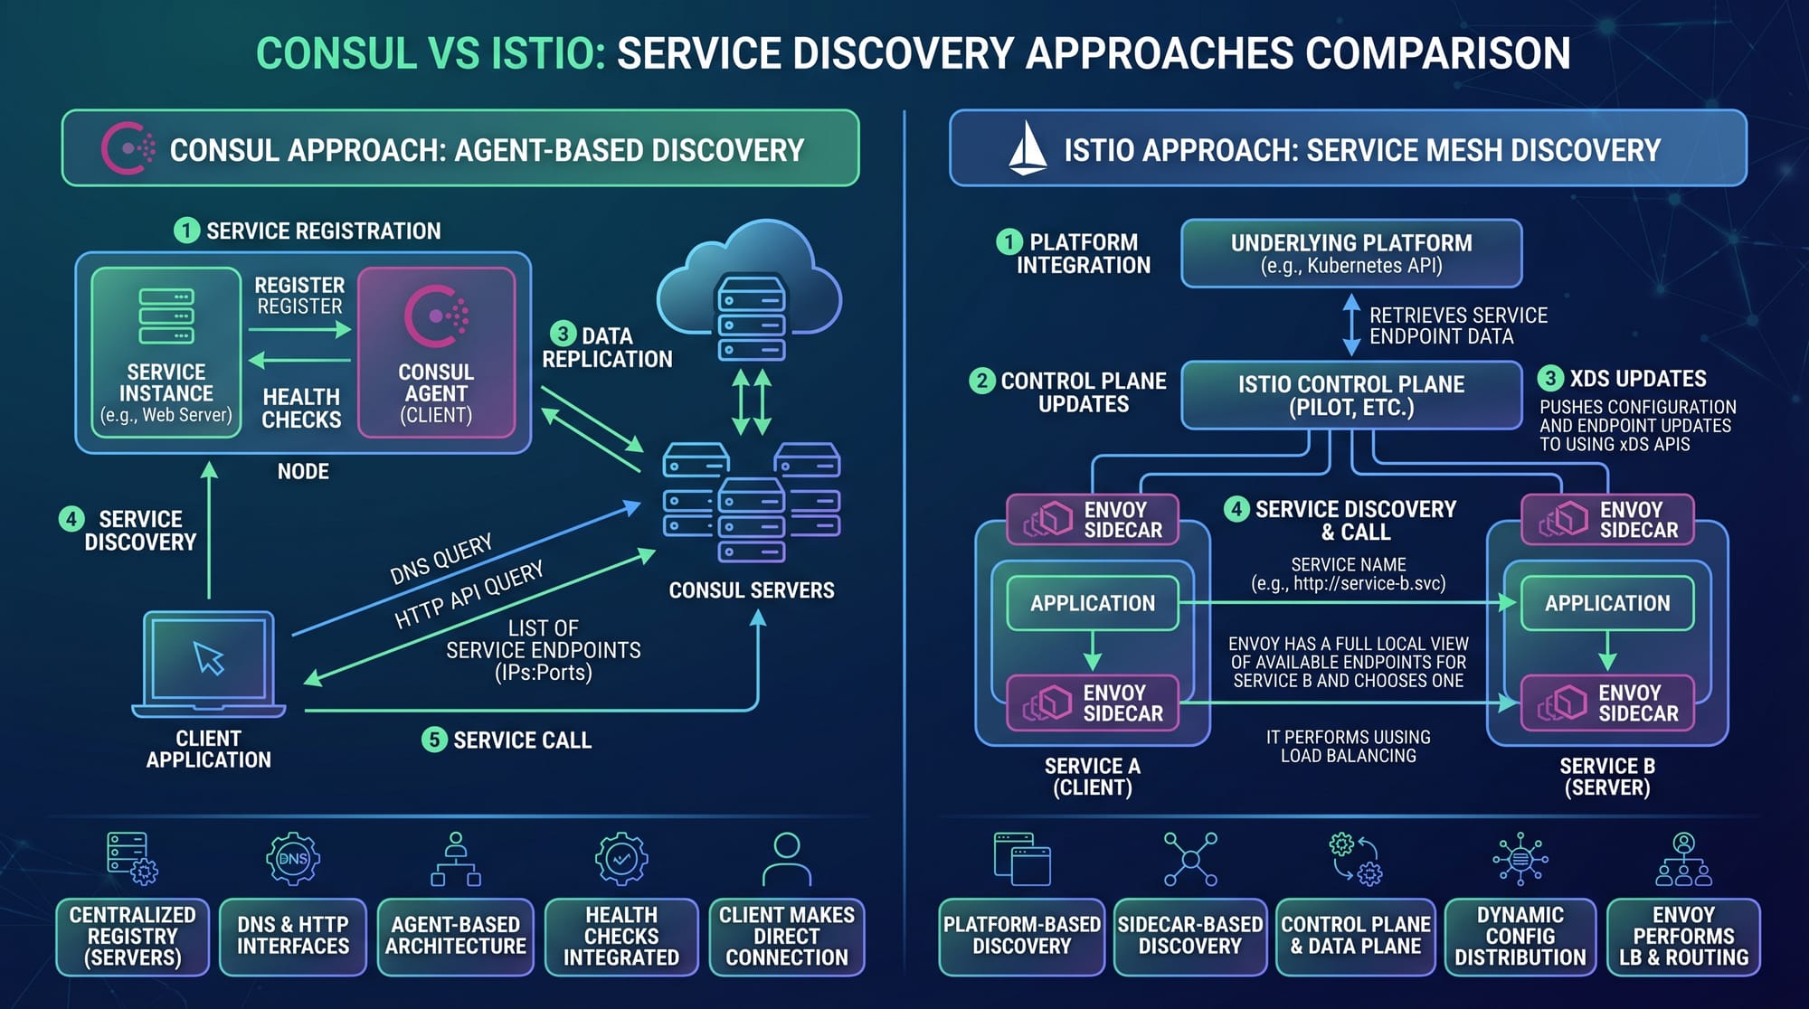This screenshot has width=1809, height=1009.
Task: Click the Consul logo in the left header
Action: tap(127, 147)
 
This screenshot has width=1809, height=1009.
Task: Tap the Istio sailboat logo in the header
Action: tap(1028, 147)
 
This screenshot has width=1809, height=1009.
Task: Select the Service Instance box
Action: tap(166, 353)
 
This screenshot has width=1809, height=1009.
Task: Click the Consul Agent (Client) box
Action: tap(436, 353)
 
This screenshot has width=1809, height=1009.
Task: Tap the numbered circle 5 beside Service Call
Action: tap(434, 740)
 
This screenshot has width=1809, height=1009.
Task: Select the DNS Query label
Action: tap(440, 559)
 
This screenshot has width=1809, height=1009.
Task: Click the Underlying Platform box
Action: tap(1351, 253)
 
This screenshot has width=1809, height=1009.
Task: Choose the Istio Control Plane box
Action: tap(1351, 395)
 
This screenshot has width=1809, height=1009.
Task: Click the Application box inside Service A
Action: tap(1093, 603)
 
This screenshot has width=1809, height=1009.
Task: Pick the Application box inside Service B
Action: tap(1607, 603)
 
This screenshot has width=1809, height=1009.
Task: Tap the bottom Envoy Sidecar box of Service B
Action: tap(1607, 703)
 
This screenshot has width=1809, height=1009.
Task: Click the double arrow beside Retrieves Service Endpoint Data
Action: tap(1351, 325)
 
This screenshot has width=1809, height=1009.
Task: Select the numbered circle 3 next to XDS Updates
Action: tap(1550, 378)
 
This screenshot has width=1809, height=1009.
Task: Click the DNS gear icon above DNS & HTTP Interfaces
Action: tap(293, 858)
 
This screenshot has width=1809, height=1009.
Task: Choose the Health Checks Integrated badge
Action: tap(621, 937)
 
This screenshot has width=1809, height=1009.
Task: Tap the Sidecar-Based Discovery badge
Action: tap(1189, 937)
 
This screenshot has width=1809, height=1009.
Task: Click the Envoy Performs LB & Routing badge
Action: tap(1683, 937)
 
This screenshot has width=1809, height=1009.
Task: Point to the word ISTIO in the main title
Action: tap(548, 53)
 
